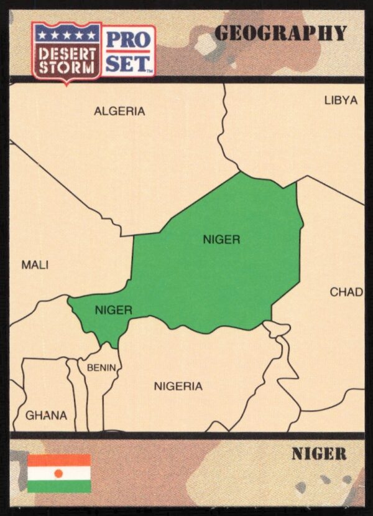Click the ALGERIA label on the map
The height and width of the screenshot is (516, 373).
119,111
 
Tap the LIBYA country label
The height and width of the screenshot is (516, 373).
341,100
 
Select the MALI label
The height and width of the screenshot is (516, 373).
35,265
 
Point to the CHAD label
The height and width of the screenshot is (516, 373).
346,292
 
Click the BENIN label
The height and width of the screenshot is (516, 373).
101,368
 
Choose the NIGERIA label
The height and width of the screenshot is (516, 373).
178,386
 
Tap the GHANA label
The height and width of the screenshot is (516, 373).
46,415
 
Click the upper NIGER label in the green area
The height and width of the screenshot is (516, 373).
221,240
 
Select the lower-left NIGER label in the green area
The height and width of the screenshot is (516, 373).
113,309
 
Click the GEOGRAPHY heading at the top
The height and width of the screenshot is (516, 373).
280,34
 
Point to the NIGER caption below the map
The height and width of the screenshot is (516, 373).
318,454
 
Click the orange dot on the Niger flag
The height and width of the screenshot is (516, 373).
59,474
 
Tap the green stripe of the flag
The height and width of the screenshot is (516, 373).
59,486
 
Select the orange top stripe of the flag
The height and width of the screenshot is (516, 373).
59,461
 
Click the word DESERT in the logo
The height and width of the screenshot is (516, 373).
66,52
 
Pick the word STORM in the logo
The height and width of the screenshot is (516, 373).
66,65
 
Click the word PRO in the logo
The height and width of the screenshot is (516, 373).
128,39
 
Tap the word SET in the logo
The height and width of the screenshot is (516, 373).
127,62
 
